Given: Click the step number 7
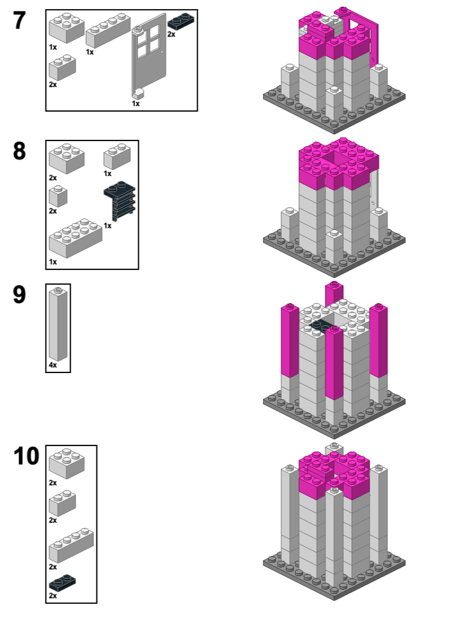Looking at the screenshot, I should pyautogui.click(x=20, y=21).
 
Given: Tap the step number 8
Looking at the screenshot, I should pyautogui.click(x=20, y=151).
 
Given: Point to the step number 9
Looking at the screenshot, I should pyautogui.click(x=20, y=295).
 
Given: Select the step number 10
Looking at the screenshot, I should pyautogui.click(x=26, y=457).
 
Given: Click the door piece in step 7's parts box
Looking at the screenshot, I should pyautogui.click(x=149, y=58).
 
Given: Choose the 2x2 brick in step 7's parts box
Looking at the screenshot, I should pyautogui.click(x=66, y=28).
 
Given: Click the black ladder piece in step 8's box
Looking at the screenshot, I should pyautogui.click(x=120, y=200).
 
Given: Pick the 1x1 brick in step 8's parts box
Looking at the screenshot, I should pyautogui.click(x=58, y=196).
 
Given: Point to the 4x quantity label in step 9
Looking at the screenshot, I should pyautogui.click(x=53, y=365).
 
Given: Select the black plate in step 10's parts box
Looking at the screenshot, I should pyautogui.click(x=62, y=582).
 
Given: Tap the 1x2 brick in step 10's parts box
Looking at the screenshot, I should pyautogui.click(x=63, y=502).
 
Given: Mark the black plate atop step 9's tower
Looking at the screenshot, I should pyautogui.click(x=321, y=326).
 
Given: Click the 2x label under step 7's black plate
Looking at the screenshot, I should pyautogui.click(x=171, y=34).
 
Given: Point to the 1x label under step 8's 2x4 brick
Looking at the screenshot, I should pyautogui.click(x=53, y=262).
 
